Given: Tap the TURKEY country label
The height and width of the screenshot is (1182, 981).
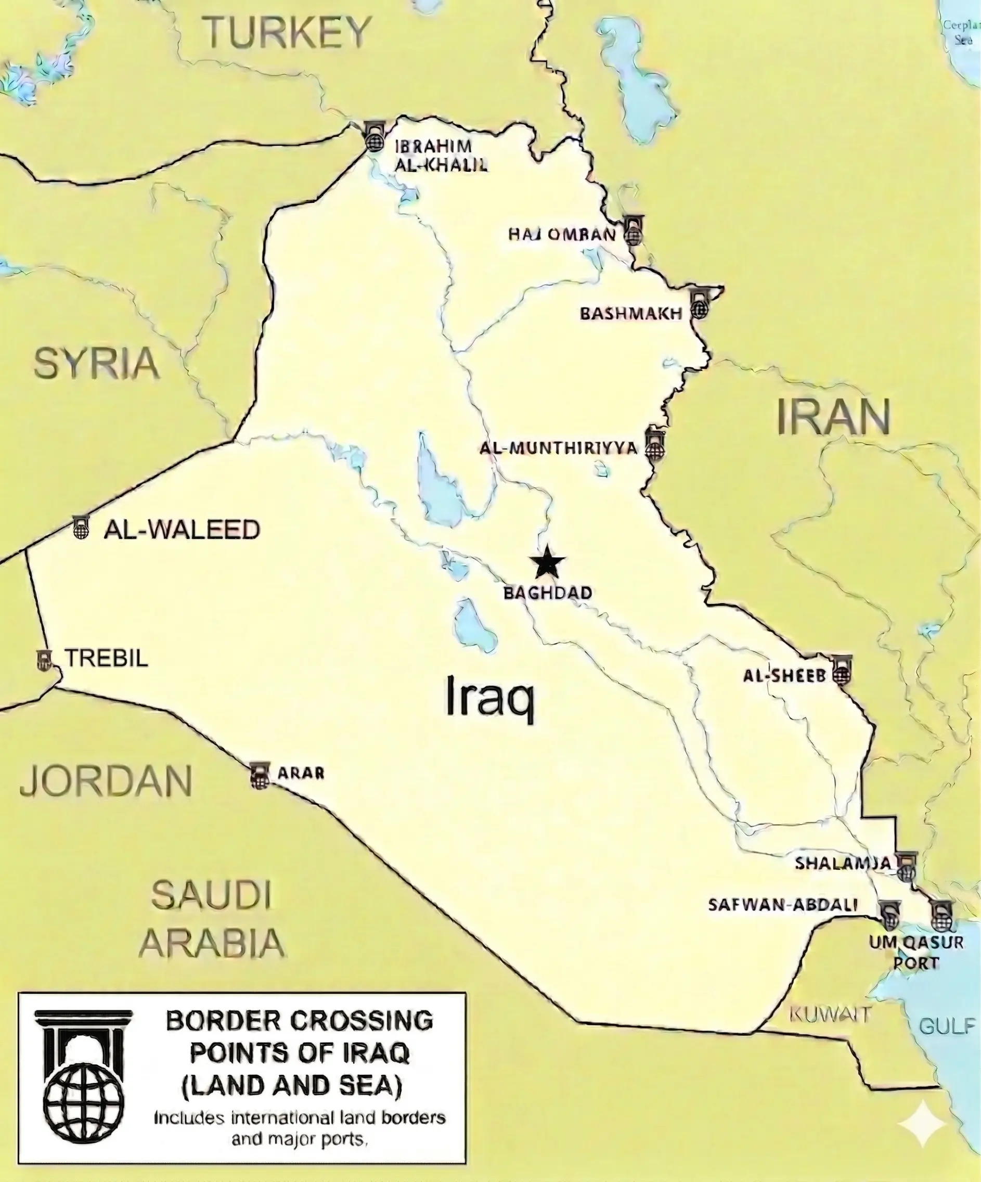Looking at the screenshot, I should click(x=287, y=33).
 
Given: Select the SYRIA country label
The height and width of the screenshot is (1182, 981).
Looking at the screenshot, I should click(x=96, y=363).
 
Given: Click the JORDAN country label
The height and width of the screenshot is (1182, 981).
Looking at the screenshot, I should click(x=106, y=781).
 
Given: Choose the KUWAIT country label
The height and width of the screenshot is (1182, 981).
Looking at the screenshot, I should click(x=830, y=1015).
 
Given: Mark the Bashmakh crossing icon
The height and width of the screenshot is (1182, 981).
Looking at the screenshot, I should click(x=700, y=304).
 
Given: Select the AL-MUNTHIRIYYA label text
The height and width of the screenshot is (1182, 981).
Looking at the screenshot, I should click(x=558, y=448).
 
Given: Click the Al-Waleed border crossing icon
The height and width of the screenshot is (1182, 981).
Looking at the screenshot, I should click(x=82, y=527).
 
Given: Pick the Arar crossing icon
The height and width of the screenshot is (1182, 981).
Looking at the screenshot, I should click(x=260, y=776).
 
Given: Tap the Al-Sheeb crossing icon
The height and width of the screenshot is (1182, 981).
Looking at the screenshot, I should click(x=842, y=671).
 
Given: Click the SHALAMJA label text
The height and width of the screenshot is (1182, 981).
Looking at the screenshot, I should click(x=843, y=863).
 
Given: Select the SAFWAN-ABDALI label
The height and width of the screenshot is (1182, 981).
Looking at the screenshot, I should click(x=783, y=905).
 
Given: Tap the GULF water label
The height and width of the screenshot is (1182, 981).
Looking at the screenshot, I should click(x=947, y=1026).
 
